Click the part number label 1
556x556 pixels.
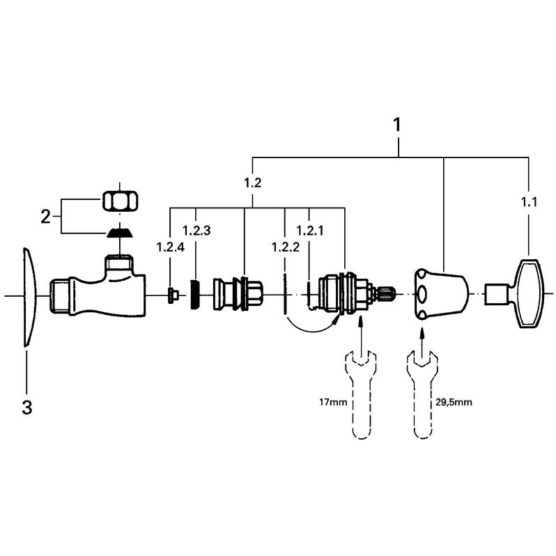[x=397, y=125]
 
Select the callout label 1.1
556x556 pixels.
[x=530, y=202]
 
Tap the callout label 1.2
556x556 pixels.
[x=252, y=183]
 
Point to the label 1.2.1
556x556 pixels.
[x=309, y=230]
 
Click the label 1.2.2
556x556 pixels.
[x=285, y=247]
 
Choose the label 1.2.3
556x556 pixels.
[x=196, y=230]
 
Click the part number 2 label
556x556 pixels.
[x=45, y=216]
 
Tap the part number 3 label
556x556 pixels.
[x=26, y=408]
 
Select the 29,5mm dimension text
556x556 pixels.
[x=452, y=403]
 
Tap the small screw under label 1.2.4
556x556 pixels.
[x=172, y=295]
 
